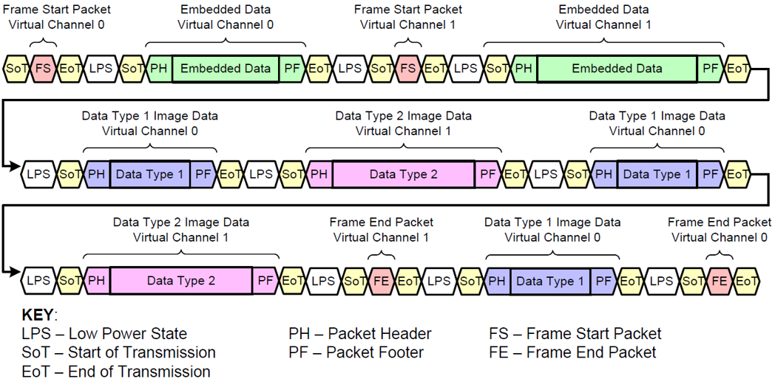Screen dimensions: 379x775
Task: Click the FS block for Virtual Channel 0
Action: point(44,69)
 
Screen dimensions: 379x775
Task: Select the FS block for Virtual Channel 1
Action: point(408,69)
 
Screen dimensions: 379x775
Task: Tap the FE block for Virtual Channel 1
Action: point(382,281)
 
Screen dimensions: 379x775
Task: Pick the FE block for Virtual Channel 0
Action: point(719,281)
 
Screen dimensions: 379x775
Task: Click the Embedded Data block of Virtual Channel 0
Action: point(226,69)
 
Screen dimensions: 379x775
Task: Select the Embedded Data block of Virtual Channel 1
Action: point(617,69)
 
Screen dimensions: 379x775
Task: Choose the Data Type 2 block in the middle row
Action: point(403,174)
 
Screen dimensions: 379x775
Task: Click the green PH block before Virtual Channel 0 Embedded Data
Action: point(159,69)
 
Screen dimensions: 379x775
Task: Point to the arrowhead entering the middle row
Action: point(16,168)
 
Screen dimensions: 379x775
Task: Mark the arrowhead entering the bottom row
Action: point(16,275)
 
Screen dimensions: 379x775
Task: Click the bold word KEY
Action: point(38,315)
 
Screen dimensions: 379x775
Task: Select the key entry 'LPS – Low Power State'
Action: point(104,334)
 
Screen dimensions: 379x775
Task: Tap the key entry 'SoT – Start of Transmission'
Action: point(118,352)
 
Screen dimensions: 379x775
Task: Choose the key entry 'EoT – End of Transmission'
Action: point(115,371)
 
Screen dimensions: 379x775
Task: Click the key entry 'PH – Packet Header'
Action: point(360,334)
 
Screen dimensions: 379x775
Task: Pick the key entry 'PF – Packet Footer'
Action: point(356,352)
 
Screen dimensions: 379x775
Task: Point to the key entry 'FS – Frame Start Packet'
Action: point(575,334)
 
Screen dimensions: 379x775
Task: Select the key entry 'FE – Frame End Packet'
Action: point(572,352)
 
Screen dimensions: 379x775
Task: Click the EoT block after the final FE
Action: point(747,281)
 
